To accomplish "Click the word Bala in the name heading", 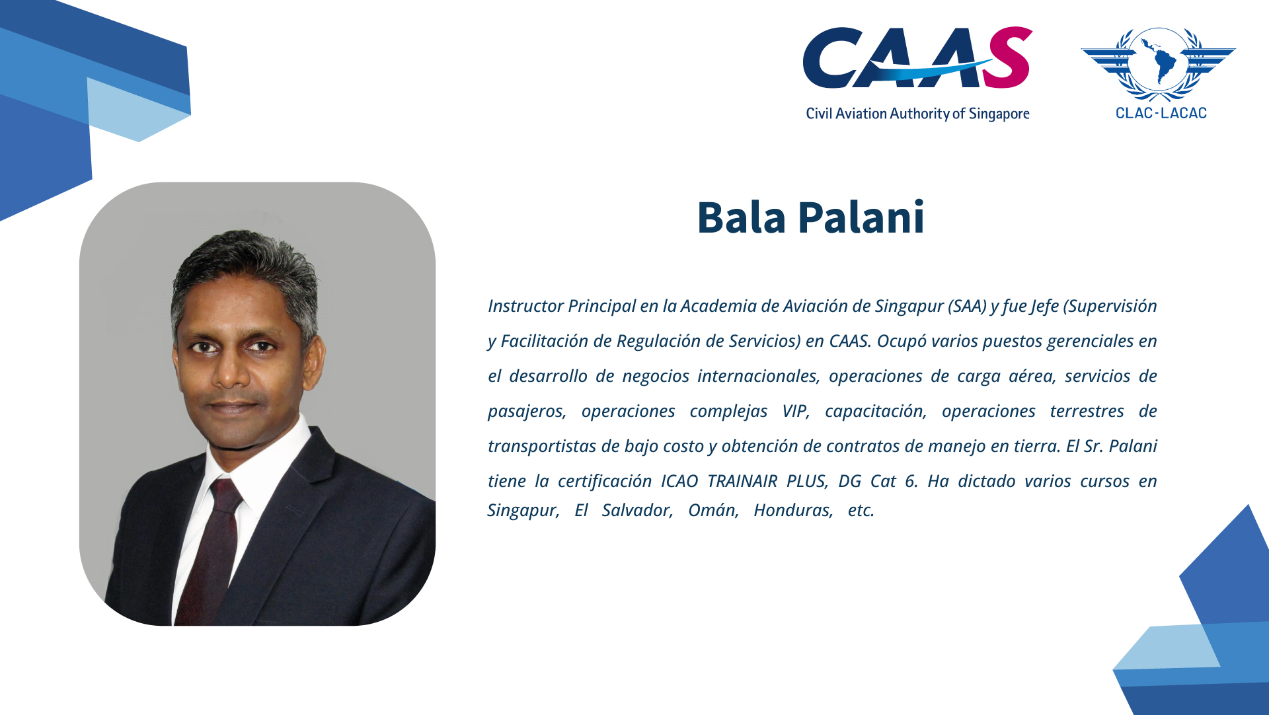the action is point(742,217).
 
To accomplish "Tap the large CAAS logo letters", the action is point(917,57).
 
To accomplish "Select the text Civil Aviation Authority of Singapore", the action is point(917,114).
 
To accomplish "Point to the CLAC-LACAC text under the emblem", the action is point(1161,113).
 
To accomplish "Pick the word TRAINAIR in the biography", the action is point(742,481).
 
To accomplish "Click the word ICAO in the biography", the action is point(679,481).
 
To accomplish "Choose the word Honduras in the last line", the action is point(793,510).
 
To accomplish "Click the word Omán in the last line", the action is point(713,510).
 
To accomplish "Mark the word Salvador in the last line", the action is point(637,510).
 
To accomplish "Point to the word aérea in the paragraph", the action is point(1032,376).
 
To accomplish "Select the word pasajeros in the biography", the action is point(527,412).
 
